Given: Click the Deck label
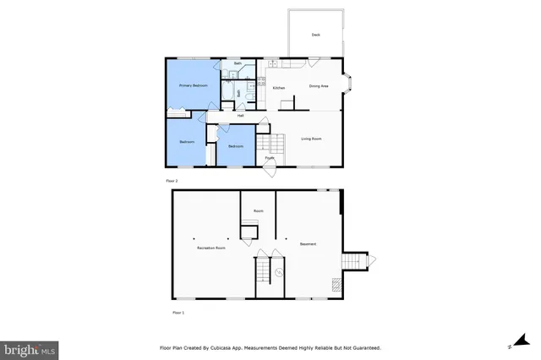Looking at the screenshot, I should [x=315, y=35].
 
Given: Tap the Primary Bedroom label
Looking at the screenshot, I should [x=193, y=86].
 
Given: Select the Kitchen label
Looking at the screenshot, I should [x=278, y=87].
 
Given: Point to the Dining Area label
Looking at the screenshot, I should [x=318, y=86].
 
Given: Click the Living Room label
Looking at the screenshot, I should [x=311, y=138].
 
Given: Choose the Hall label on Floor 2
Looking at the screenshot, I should [x=252, y=116].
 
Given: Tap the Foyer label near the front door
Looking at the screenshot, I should [x=269, y=157].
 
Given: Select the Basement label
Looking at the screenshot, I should [x=308, y=244].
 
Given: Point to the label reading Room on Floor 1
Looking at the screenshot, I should [x=258, y=211].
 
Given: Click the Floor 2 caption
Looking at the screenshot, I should [x=171, y=181].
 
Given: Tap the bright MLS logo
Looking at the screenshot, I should [x=29, y=348].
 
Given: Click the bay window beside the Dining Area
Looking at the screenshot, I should [x=348, y=85].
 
